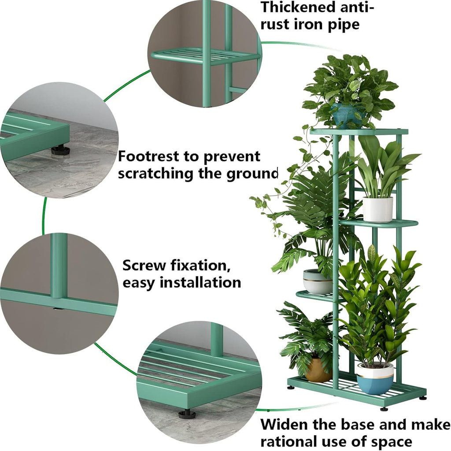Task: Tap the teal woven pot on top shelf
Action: point(346,116)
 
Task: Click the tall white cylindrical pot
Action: point(377,209)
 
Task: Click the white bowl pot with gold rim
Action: point(317,282)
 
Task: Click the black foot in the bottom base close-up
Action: point(187,414)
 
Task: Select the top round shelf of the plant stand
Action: point(359,132)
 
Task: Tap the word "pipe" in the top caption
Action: point(339,24)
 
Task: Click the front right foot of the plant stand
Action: point(384,408)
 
